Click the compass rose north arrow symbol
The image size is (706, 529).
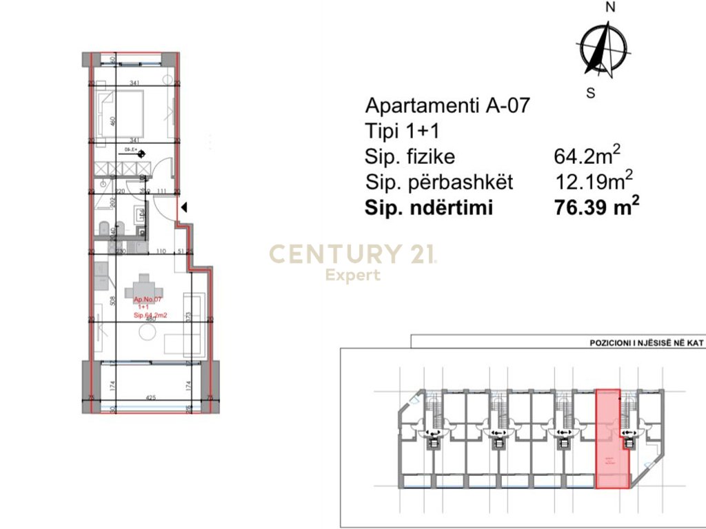click(x=605, y=49)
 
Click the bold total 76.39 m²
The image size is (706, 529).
click(x=597, y=207)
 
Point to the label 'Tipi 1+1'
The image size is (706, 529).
click(x=401, y=131)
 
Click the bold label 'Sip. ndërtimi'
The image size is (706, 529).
click(x=429, y=207)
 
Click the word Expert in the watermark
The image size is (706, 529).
click(x=352, y=276)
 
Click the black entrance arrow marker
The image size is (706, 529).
click(x=184, y=206)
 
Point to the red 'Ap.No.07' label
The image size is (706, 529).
click(x=147, y=300)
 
